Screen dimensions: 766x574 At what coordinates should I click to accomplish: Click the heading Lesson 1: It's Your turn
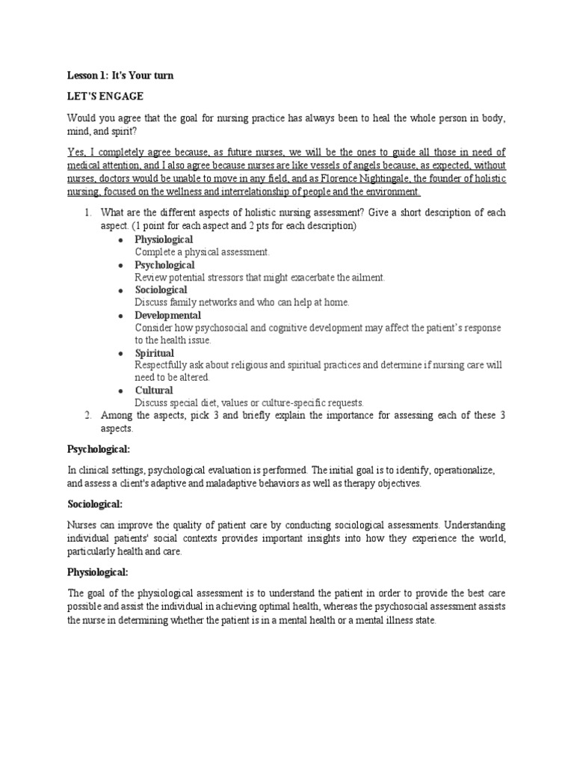tap(120, 76)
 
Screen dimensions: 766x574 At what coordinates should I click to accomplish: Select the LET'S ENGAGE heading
tap(105, 96)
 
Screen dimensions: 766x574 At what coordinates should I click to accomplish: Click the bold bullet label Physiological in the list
tap(164, 239)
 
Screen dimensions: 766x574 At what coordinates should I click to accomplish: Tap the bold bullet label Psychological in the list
tap(164, 265)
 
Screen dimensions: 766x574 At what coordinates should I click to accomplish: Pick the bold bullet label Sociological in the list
tap(161, 289)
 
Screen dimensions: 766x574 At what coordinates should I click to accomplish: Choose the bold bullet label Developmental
tap(167, 315)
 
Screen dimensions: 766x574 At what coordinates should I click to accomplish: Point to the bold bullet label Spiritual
tap(154, 352)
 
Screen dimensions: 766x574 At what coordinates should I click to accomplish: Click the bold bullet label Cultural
tap(153, 390)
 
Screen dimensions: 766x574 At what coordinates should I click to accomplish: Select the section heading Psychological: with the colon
tap(99, 449)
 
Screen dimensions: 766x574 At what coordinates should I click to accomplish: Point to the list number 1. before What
tap(87, 213)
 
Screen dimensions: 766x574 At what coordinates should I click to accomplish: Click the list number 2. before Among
tap(87, 415)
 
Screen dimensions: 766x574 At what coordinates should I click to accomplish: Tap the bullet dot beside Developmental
tap(120, 316)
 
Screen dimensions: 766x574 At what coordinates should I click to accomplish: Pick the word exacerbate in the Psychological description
tap(301, 278)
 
